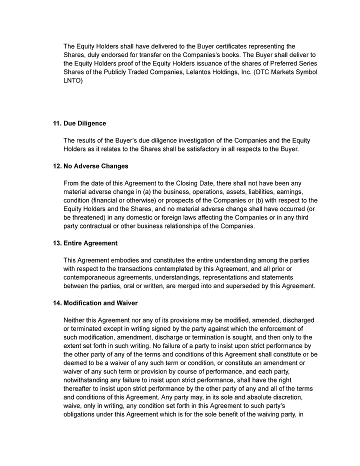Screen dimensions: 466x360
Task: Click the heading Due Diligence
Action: tap(84, 123)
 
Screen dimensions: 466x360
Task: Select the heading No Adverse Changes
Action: tap(96, 166)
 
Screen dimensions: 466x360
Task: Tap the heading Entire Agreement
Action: tap(90, 243)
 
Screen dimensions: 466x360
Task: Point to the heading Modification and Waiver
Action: tap(100, 303)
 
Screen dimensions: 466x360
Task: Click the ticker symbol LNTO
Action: tap(72, 80)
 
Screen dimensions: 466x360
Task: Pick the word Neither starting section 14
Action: tap(75, 320)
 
